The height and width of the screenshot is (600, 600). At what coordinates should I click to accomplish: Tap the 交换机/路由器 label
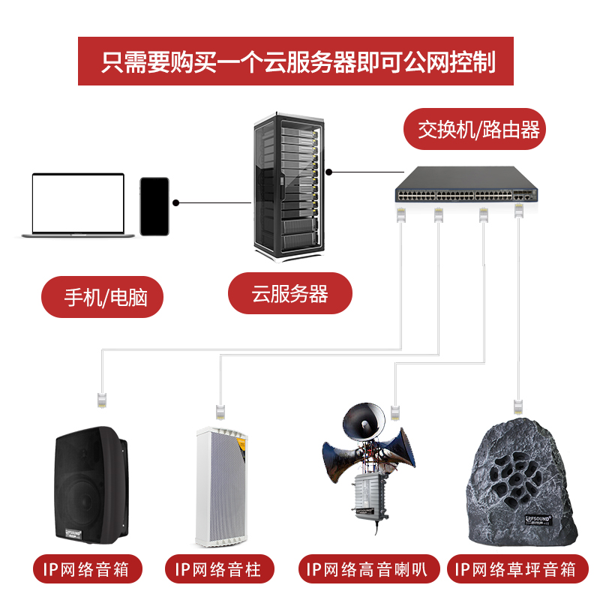coord(478,129)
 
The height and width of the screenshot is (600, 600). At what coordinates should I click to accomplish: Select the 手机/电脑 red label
coord(102,297)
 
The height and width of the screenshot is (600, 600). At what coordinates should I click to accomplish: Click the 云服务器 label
coord(289,293)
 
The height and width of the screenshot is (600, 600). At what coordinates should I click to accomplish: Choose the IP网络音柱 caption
coord(219,569)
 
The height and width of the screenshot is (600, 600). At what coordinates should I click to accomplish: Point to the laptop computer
coord(78,205)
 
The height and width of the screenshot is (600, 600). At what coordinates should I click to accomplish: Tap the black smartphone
coord(154,206)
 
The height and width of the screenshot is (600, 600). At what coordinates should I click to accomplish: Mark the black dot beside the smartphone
coord(176,202)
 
